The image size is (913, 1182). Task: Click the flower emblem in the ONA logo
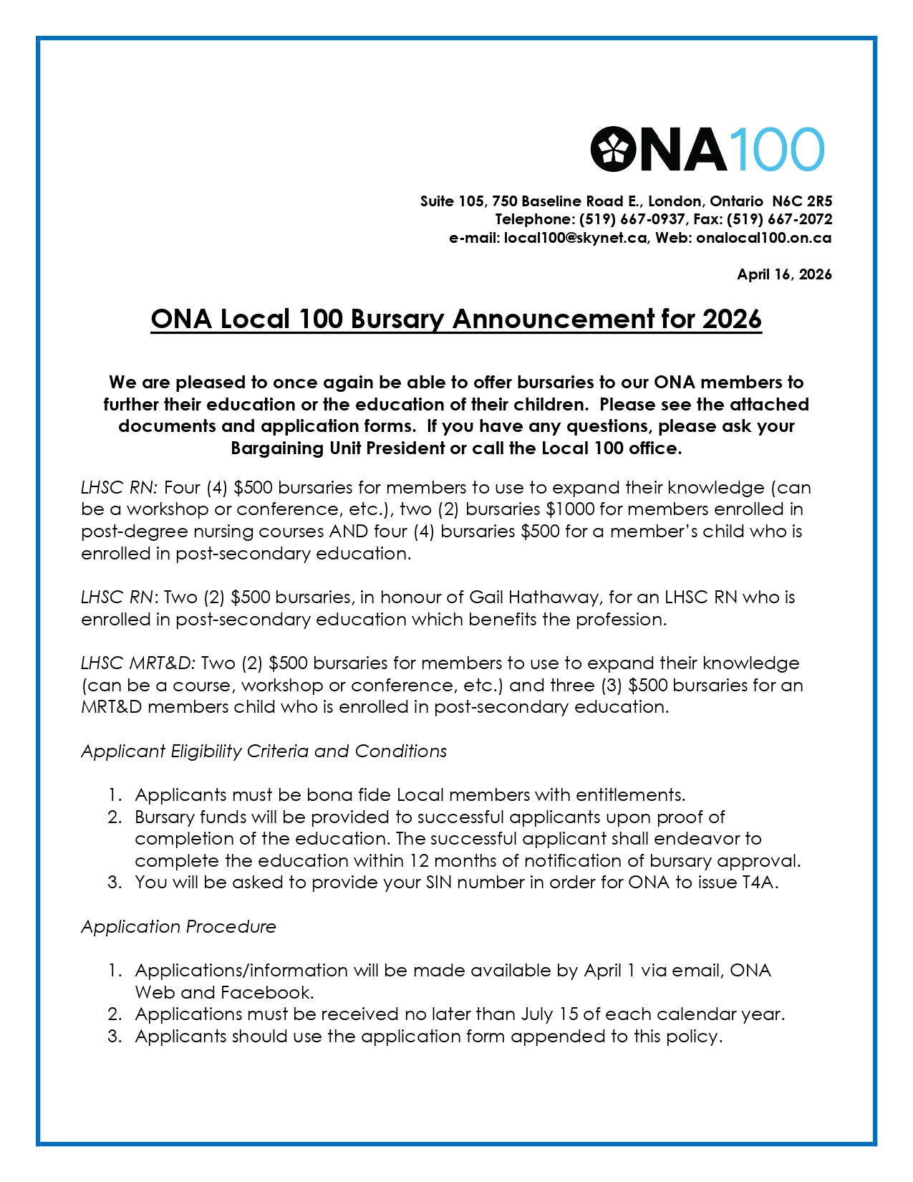point(614,149)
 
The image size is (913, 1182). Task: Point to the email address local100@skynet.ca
point(575,238)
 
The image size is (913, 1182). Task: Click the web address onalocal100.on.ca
point(763,238)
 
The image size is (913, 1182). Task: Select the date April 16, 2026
point(784,274)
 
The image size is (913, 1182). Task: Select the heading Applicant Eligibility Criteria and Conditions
point(264,751)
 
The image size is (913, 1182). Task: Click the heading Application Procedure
point(178,927)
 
